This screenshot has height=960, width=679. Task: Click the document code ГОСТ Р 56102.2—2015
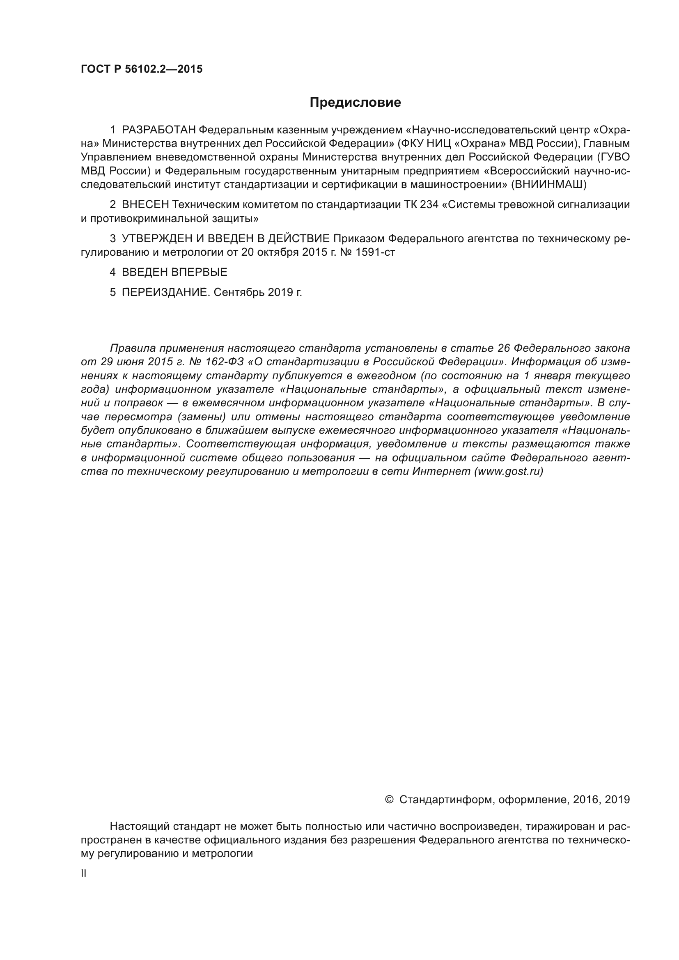[x=141, y=69]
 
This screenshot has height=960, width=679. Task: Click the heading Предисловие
[x=355, y=103]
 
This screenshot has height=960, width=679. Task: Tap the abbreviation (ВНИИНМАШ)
[x=548, y=184]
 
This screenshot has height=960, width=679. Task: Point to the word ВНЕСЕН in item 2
[x=145, y=205]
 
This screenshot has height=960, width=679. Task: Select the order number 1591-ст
[x=375, y=252]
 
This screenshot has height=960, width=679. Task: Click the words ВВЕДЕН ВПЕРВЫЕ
[x=174, y=272]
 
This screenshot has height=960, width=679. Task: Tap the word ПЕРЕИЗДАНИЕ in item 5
[x=165, y=292]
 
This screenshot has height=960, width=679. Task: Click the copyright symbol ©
[x=388, y=800]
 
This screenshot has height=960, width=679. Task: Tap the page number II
[x=84, y=873]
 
